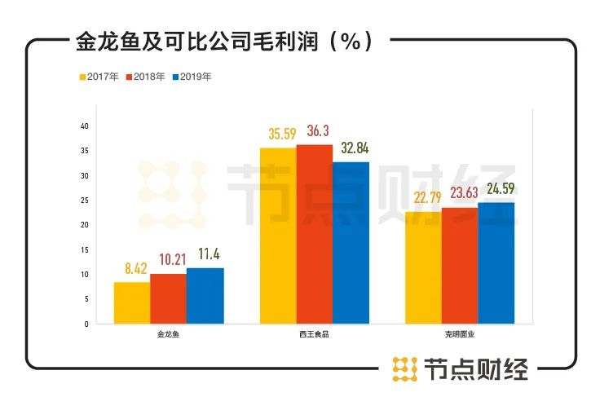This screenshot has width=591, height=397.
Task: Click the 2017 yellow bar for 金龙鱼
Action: click(x=131, y=302)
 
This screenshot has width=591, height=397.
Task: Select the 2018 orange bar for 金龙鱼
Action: click(x=168, y=298)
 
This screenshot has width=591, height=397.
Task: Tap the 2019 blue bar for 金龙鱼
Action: click(x=205, y=295)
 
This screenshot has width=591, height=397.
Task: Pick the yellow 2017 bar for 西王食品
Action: click(x=278, y=236)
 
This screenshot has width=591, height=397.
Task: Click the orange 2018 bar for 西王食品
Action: click(x=315, y=234)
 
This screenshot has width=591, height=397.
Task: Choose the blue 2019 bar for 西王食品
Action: click(x=351, y=242)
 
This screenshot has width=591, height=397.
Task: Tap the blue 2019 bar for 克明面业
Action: click(x=496, y=262)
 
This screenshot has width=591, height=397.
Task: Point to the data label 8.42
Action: click(x=131, y=267)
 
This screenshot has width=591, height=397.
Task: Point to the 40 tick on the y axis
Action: click(x=84, y=126)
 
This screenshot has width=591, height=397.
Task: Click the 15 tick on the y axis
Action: click(x=85, y=249)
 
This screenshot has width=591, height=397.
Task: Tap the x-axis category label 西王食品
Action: click(x=314, y=335)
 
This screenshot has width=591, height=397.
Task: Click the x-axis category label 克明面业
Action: click(x=460, y=335)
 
